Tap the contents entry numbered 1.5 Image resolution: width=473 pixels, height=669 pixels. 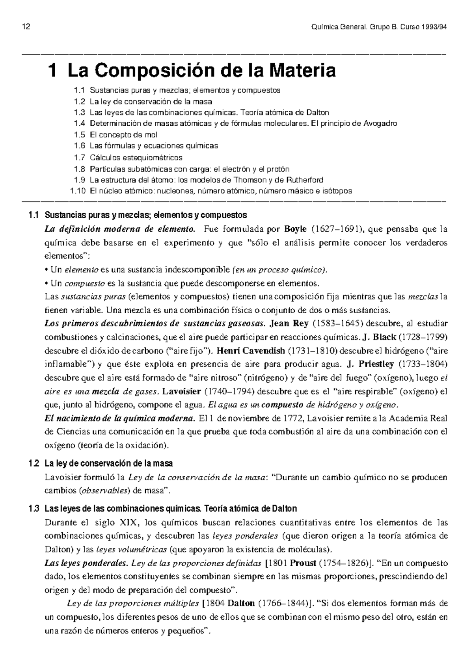pos(79,135)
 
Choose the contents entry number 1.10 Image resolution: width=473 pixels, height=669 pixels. pos(77,191)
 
